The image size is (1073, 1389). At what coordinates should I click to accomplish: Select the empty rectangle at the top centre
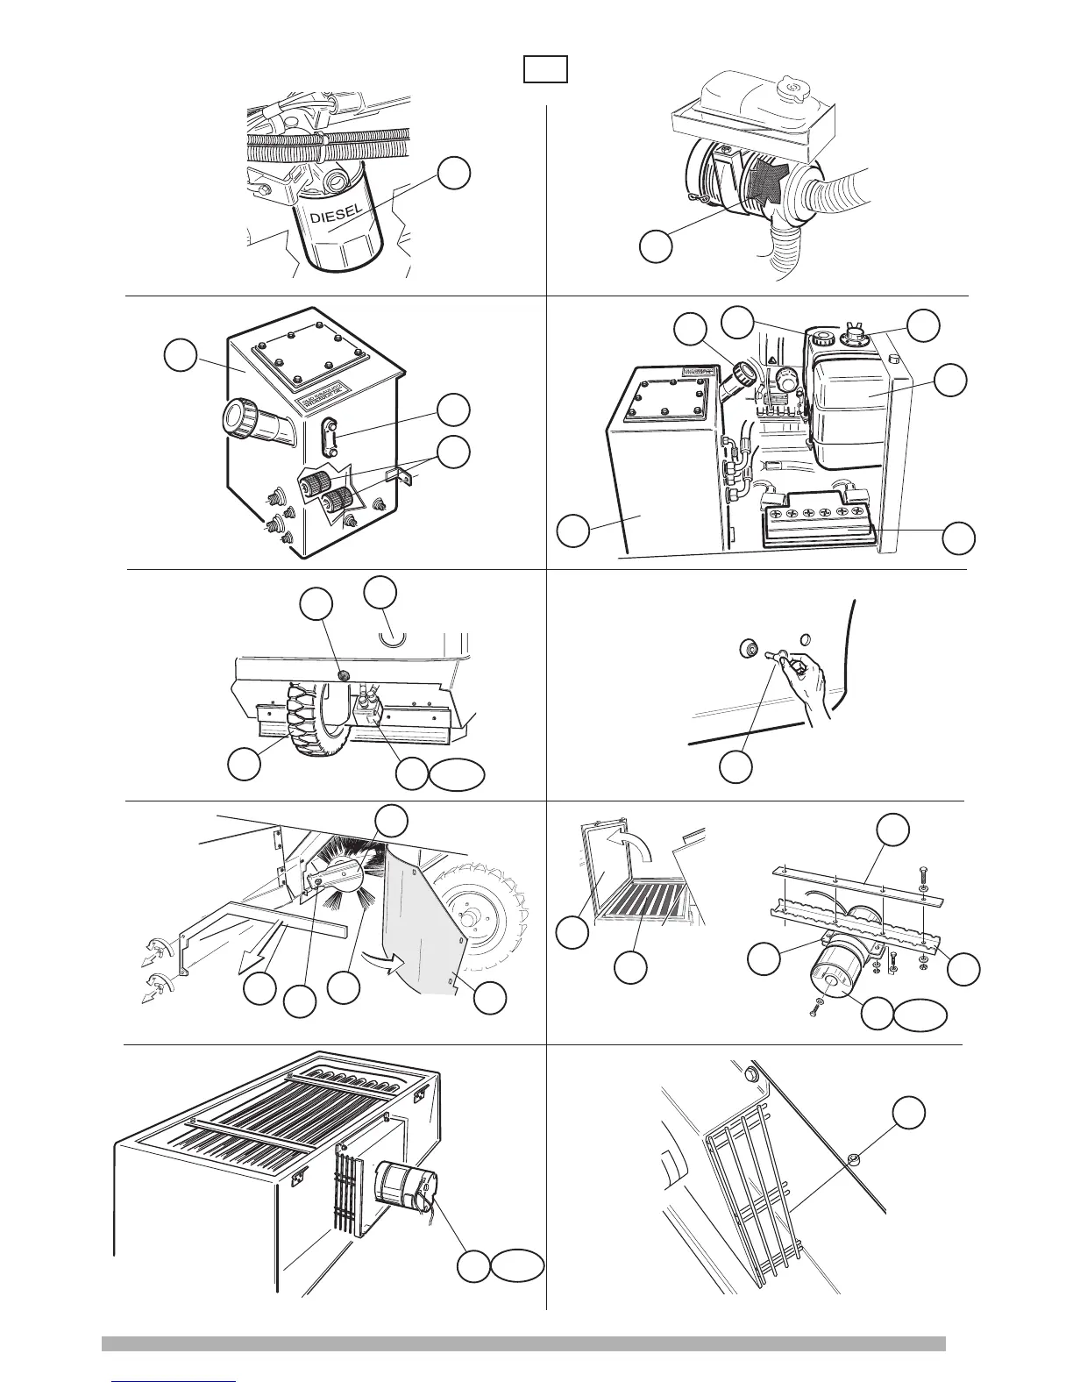click(545, 68)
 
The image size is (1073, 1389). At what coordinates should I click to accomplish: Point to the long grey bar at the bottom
click(523, 1343)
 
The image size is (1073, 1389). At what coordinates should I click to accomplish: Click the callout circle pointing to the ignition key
click(736, 766)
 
